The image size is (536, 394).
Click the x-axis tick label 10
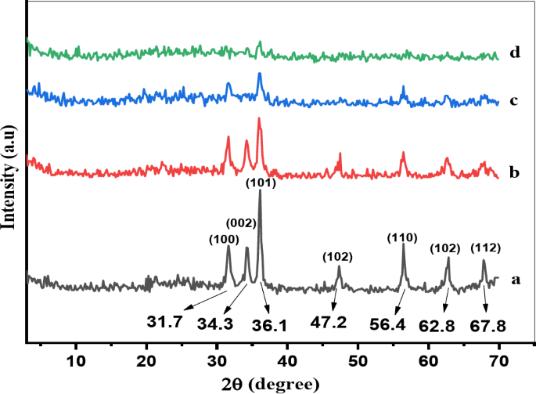point(76,360)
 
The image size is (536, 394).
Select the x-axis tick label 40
point(287,360)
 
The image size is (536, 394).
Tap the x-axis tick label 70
point(498,360)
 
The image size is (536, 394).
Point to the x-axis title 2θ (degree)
point(270,384)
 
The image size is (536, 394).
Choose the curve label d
point(514,53)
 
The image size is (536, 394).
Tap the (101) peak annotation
point(260,183)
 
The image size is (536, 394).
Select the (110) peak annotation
point(403,237)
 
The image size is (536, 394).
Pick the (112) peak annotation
point(485,248)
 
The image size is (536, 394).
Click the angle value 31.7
point(164,320)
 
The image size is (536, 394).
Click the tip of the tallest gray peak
point(259,192)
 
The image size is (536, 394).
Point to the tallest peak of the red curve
point(259,120)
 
